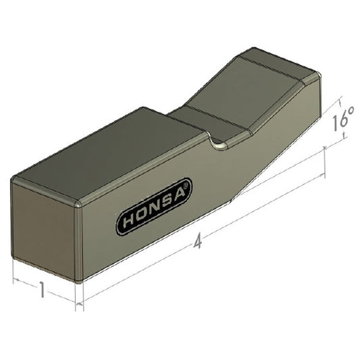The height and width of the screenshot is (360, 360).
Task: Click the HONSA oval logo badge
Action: click(155, 206)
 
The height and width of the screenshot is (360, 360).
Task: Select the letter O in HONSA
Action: click(142, 214)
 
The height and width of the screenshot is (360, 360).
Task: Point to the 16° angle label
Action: click(342, 122)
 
